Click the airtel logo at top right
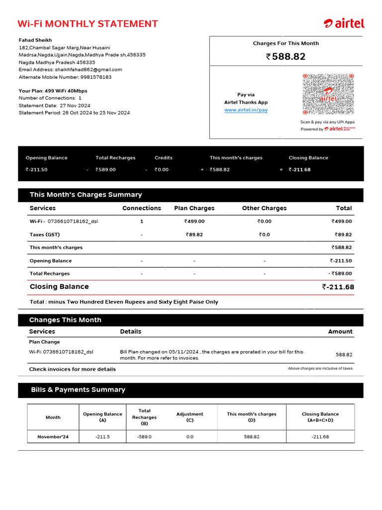point(344,23)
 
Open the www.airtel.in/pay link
point(246,110)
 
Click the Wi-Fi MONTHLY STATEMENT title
point(88,24)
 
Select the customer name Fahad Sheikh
point(35,40)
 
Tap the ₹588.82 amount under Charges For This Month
point(286,57)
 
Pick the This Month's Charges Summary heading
point(86,195)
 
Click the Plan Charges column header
point(194,208)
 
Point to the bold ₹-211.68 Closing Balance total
point(338,287)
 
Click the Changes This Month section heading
point(65,320)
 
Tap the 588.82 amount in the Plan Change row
point(344,355)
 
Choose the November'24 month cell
point(53,437)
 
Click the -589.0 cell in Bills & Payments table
point(144,437)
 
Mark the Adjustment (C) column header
point(190,417)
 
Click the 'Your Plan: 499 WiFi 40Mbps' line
point(53,91)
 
